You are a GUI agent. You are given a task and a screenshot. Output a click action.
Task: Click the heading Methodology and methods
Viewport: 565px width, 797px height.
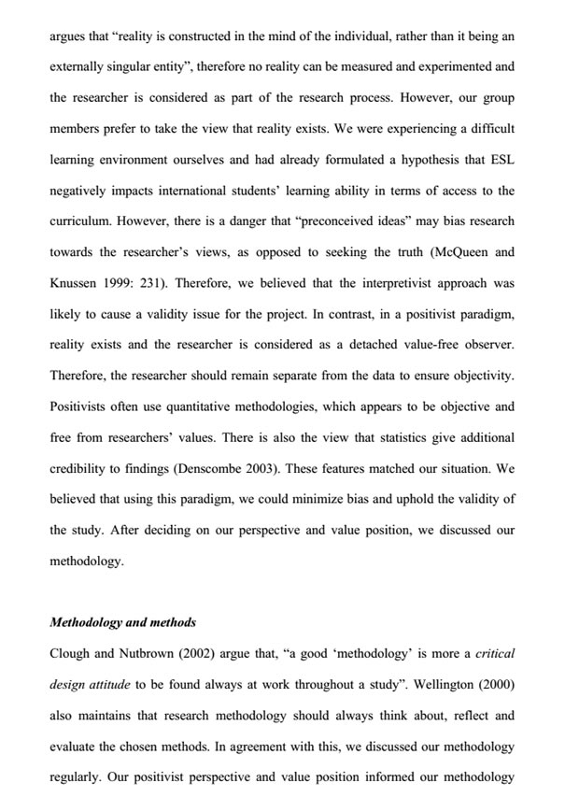(122, 621)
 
